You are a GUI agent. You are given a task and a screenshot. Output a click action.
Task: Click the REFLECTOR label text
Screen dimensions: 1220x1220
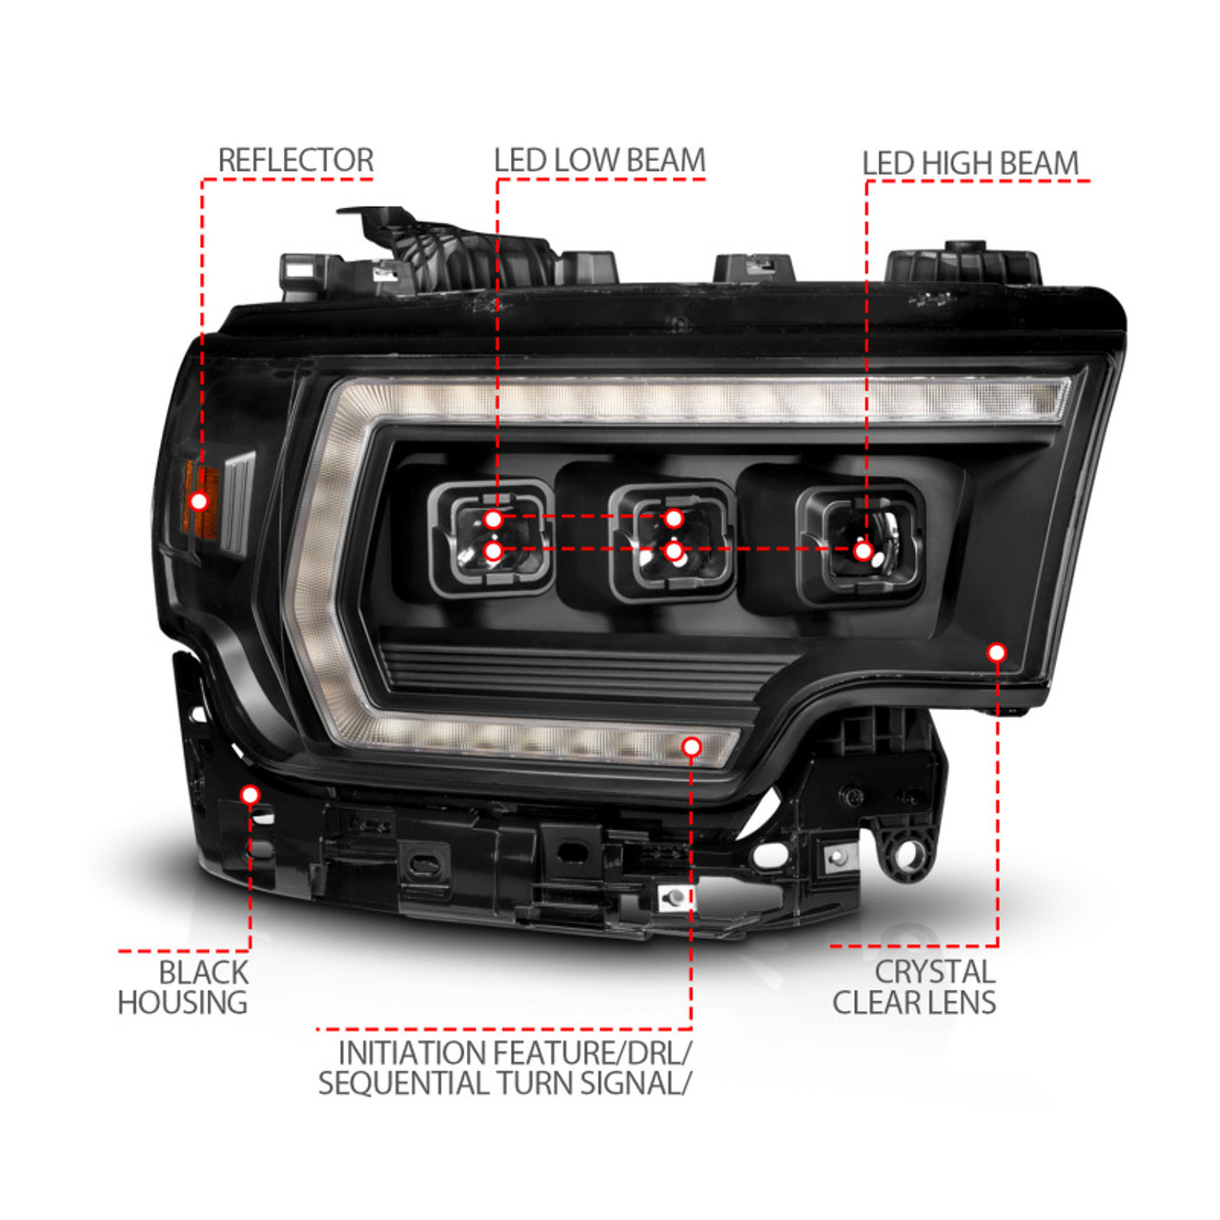pos(295,160)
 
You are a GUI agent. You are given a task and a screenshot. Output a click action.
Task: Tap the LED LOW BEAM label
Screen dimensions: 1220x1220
pos(599,160)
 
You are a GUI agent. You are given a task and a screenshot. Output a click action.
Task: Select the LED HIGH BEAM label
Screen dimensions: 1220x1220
pos(970,163)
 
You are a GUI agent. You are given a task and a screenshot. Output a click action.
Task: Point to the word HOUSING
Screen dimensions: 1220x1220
pos(182,1002)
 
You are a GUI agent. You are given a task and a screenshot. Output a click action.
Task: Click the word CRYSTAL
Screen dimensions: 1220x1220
pos(934,972)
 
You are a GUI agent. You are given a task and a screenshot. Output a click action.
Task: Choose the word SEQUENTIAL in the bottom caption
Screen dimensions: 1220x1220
pos(401,1083)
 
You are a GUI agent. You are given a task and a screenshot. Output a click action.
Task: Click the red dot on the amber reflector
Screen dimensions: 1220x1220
pos(199,501)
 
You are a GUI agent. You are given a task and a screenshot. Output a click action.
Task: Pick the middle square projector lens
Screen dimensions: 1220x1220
pos(673,540)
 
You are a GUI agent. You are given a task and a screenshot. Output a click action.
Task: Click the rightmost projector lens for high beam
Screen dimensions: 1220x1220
pos(861,544)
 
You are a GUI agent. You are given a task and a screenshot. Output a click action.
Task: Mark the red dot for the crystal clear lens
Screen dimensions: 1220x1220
pos(997,652)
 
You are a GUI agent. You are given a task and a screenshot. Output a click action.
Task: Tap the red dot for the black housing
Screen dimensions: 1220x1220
pos(250,795)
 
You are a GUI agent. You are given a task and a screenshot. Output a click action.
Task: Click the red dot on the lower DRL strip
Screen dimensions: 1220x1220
pos(692,747)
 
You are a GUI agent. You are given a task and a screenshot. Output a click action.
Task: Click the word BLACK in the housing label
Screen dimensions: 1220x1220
pos(203,972)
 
